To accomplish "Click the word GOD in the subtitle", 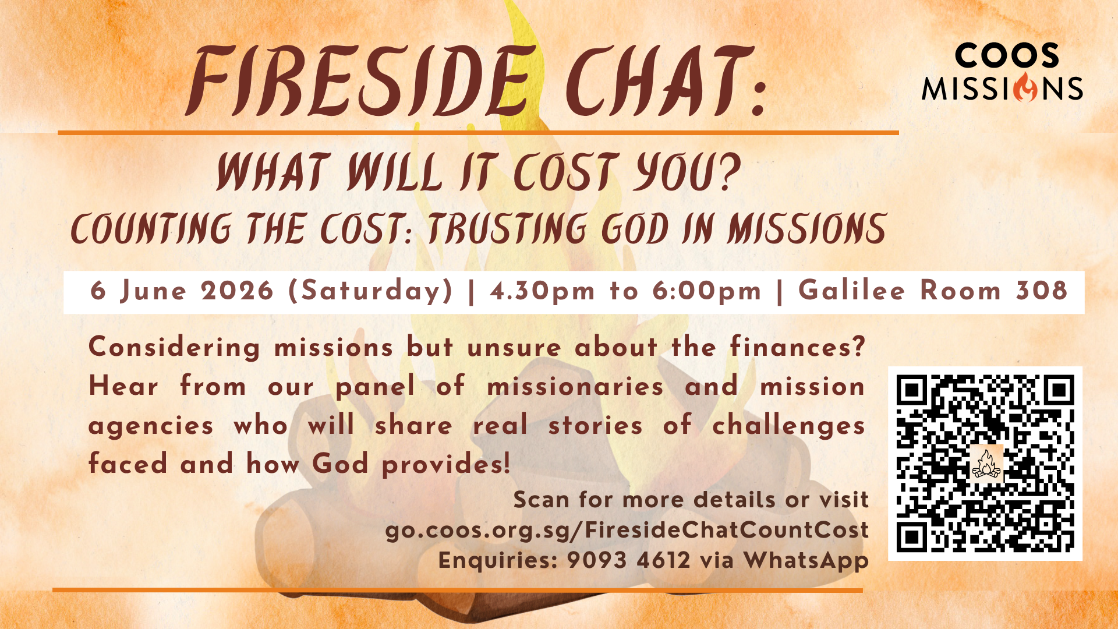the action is pos(635,228).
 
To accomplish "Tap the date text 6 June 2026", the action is pos(182,291).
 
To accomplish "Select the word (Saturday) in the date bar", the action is pos(371,291).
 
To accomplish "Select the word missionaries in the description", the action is pos(575,386).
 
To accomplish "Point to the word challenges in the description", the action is pos(788,426).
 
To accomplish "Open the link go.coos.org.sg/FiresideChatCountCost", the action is pos(627,530).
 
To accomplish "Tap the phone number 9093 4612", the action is pos(628,560).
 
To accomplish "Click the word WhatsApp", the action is pos(806,561).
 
